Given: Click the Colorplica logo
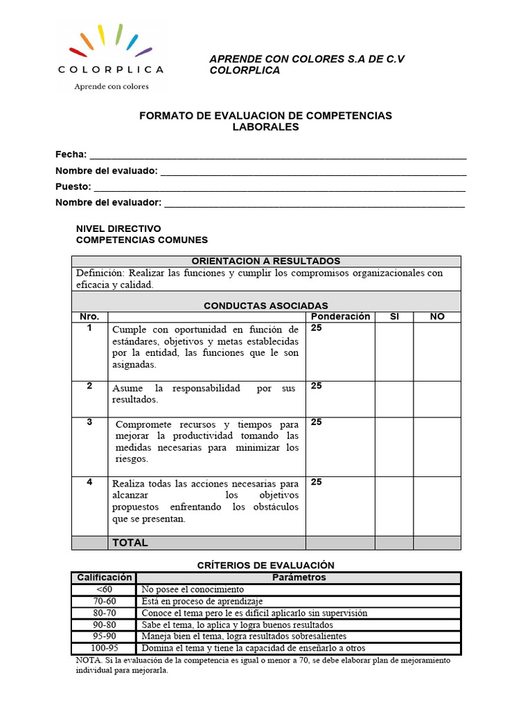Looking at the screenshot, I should [111, 55].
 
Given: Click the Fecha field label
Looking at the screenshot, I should [71, 154].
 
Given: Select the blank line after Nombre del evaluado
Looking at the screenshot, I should [312, 171].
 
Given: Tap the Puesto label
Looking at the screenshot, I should [73, 186].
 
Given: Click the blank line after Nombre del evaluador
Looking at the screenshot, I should [314, 203].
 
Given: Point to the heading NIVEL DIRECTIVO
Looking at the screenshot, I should [118, 228].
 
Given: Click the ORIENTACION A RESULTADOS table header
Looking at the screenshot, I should [266, 261].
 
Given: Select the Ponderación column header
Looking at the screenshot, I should [340, 316].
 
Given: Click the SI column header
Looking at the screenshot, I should [394, 316].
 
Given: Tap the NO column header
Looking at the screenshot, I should [437, 316].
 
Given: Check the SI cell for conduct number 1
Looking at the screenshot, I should [394, 351].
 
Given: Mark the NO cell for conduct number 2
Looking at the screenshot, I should [437, 399].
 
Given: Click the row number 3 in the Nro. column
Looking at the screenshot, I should [89, 422].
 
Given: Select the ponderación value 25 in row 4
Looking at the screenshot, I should [317, 482].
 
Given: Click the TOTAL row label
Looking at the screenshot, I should [130, 543].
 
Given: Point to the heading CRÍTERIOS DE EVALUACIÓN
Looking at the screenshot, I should [266, 566].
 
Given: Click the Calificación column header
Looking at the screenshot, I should [104, 577].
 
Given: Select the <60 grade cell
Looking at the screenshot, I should [104, 590].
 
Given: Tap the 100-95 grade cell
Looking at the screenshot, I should [104, 648].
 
